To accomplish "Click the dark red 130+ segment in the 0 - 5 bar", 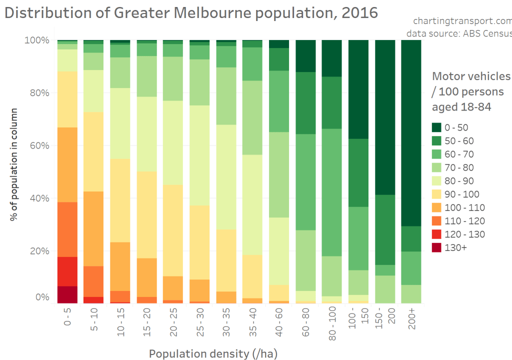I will click(67, 294).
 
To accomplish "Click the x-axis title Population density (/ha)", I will click(212, 353).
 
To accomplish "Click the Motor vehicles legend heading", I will click(470, 76).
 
